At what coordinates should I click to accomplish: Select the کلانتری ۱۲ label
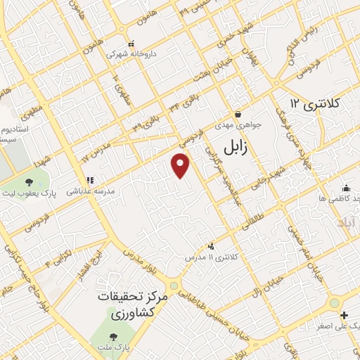point(315,104)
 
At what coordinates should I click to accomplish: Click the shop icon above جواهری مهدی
point(238,114)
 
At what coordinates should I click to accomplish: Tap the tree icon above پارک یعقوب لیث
point(28,182)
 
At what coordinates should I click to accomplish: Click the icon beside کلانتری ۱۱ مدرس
point(211,246)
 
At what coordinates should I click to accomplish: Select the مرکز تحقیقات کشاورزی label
point(134,305)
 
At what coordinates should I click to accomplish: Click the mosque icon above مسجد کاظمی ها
point(346,188)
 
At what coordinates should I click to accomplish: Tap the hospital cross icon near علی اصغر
point(344,314)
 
